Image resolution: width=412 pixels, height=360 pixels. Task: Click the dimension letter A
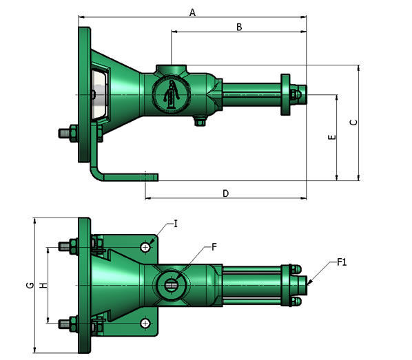point(193,12)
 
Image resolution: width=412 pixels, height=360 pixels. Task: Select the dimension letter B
point(238,28)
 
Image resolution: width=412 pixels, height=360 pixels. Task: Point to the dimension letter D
point(225,193)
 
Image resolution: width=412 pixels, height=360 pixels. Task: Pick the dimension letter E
point(332,138)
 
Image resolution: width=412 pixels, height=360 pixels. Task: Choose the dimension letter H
point(43,284)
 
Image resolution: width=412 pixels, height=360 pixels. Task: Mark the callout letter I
point(176,224)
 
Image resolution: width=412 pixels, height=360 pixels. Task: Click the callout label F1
point(342,262)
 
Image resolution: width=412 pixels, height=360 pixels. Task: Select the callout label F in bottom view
point(214,246)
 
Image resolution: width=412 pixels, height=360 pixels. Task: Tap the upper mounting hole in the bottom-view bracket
point(145,246)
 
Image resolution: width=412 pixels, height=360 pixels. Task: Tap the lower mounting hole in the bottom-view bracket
point(145,323)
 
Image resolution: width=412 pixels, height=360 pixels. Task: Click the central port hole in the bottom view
point(172,282)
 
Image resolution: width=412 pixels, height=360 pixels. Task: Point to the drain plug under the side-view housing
point(200,121)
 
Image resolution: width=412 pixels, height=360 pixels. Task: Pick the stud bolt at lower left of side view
point(71,132)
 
